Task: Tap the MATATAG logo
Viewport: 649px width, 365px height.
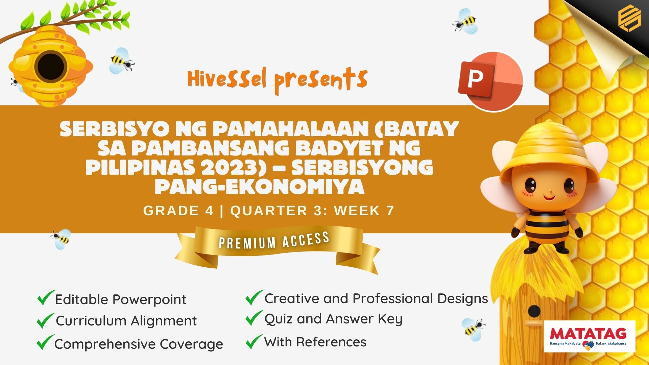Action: pyautogui.click(x=590, y=336)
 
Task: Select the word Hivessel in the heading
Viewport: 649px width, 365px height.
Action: pyautogui.click(x=227, y=78)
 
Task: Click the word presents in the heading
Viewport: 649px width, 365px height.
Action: pyautogui.click(x=321, y=80)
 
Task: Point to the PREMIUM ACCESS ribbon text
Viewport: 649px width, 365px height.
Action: pyautogui.click(x=274, y=240)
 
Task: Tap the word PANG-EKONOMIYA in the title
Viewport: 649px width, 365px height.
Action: pyautogui.click(x=260, y=186)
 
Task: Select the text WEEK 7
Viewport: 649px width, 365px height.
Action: pyautogui.click(x=364, y=211)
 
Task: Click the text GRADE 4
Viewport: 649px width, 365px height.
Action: pyautogui.click(x=178, y=211)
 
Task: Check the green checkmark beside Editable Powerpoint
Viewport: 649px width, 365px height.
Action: pyautogui.click(x=46, y=297)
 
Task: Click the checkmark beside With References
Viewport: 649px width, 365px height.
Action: pyautogui.click(x=254, y=341)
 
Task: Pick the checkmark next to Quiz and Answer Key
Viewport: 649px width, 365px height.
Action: pyautogui.click(x=254, y=318)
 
